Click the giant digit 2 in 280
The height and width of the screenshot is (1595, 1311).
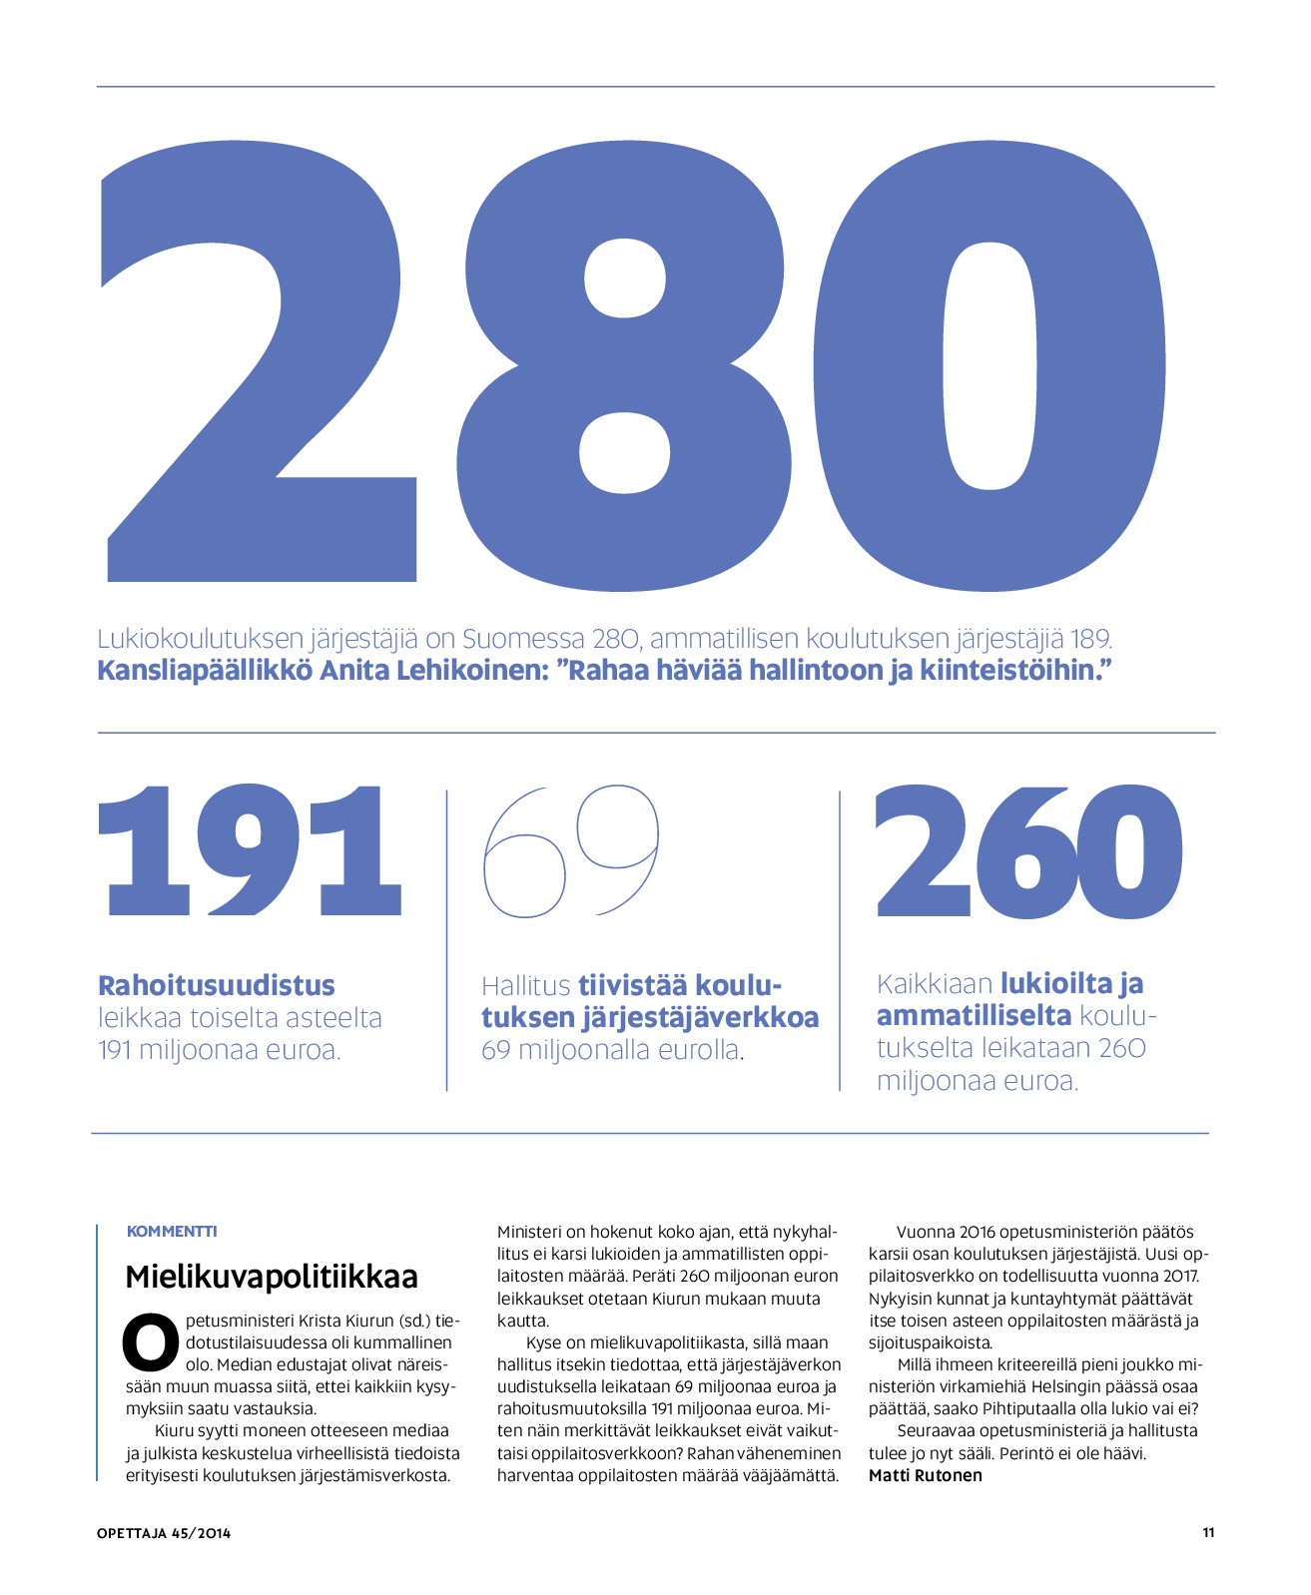260,379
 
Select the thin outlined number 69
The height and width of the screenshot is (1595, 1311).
571,851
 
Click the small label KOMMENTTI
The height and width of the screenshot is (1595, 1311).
172,1232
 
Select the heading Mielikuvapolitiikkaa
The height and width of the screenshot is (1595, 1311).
272,1277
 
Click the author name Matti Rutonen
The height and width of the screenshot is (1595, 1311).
926,1475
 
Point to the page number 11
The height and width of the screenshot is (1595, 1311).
1208,1532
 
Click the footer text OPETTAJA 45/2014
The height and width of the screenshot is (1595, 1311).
164,1533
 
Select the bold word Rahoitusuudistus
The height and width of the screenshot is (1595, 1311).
217,985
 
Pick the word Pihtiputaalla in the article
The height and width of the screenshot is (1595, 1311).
1031,1408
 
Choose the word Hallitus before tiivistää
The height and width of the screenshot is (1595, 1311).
525,986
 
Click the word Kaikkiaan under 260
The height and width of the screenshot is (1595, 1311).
935,984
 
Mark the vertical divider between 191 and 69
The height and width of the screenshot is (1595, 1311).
446,938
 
